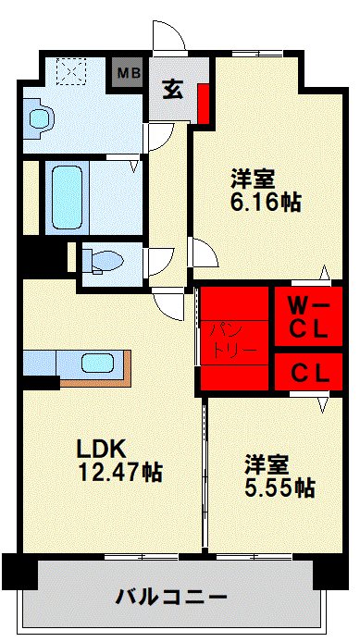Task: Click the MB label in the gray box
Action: [129, 71]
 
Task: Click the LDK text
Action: [105, 449]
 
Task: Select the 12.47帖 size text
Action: [120, 473]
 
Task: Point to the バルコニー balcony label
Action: [172, 595]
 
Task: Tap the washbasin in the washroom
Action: [39, 118]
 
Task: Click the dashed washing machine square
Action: [70, 71]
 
